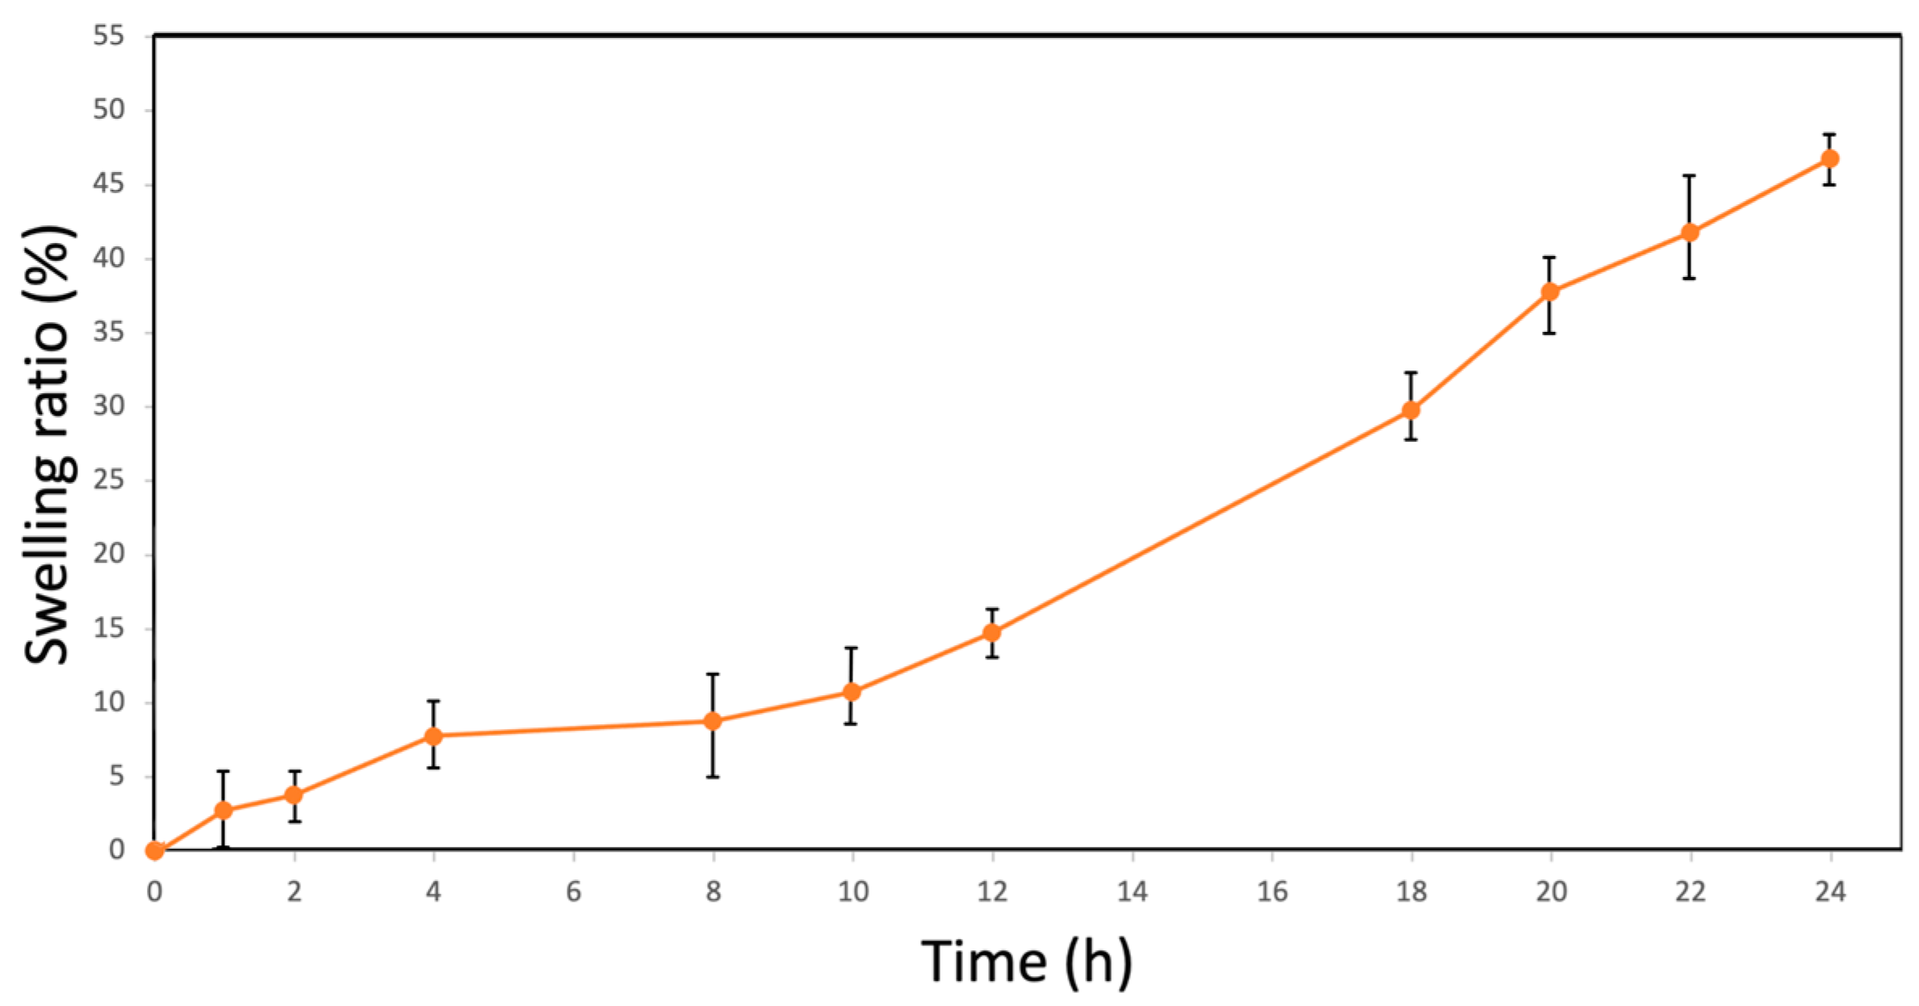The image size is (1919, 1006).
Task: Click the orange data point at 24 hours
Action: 1829,158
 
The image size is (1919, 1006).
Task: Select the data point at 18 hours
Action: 1410,410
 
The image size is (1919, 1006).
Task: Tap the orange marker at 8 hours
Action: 712,721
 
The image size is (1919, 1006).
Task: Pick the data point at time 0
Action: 154,850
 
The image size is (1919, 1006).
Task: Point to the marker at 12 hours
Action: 991,633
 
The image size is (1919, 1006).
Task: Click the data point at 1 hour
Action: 224,811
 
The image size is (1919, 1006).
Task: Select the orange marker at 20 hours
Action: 1550,291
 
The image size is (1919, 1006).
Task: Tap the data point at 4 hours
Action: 434,736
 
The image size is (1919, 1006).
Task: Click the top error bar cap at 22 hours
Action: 1690,175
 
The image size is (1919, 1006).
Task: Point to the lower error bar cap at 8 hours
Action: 712,777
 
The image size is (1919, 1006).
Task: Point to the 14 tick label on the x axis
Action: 1132,891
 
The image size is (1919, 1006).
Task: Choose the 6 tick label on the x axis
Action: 573,891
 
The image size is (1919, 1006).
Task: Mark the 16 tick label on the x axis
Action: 1272,891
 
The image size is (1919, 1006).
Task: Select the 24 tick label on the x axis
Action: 1830,891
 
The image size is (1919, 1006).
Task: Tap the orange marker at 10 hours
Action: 852,692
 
